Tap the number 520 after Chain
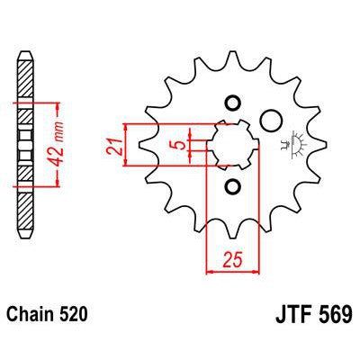[x=74, y=316]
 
